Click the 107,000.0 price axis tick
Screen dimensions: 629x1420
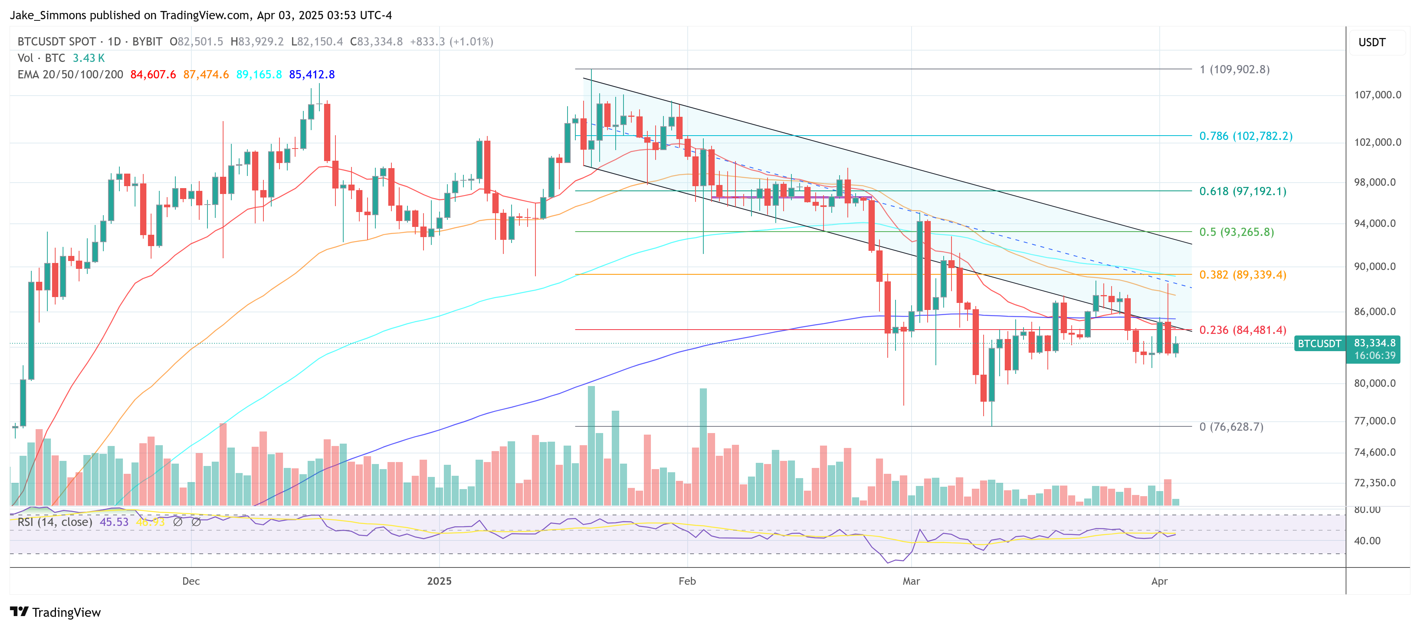1377,95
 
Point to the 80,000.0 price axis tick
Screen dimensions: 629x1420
1377,383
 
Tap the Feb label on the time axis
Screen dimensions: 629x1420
687,581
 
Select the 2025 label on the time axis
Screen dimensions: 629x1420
439,581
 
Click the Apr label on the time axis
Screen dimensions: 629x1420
1159,581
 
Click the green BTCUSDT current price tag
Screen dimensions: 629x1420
1319,344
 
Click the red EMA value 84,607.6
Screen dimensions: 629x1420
153,74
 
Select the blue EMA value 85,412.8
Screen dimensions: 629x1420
312,74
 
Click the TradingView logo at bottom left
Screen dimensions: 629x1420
55,613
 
